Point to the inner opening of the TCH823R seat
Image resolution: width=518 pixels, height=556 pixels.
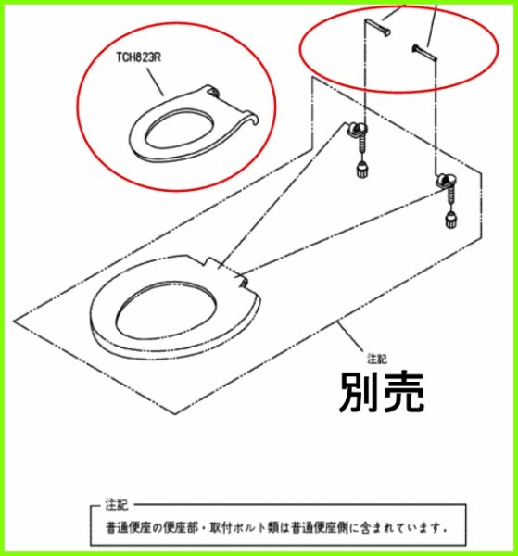coord(173,129)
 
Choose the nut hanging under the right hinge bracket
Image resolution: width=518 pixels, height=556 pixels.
coord(450,219)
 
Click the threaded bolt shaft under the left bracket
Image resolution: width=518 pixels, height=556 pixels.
coord(361,150)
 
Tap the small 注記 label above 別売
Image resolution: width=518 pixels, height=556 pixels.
coord(375,357)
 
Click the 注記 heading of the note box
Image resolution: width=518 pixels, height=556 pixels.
coord(117,505)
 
